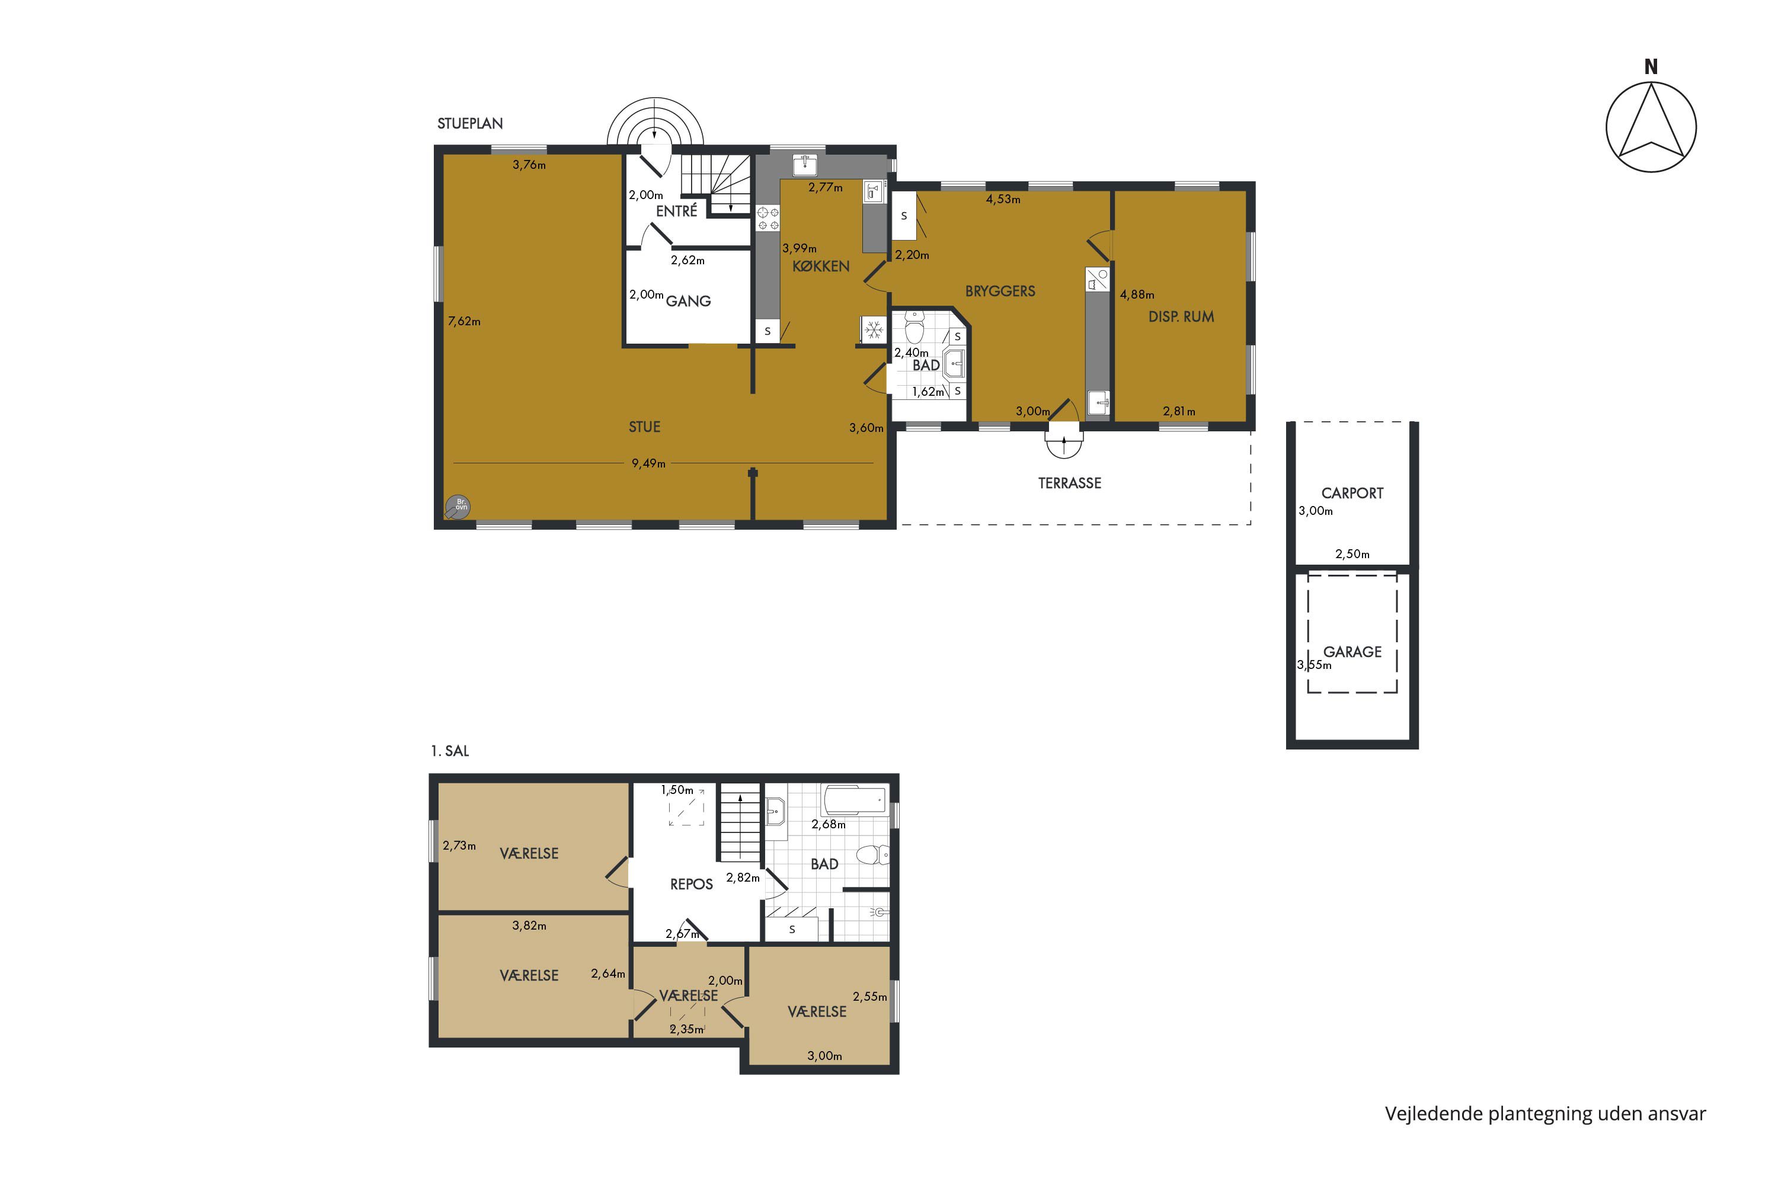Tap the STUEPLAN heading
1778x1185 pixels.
pyautogui.click(x=470, y=123)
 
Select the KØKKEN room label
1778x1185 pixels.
pyautogui.click(x=821, y=266)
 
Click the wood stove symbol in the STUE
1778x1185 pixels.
pyautogui.click(x=458, y=505)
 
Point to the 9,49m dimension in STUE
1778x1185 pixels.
pyautogui.click(x=648, y=463)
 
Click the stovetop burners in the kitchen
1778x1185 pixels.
pyautogui.click(x=768, y=219)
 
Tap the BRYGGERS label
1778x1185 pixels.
pyautogui.click(x=1000, y=291)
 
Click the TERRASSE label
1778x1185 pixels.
pyautogui.click(x=1070, y=483)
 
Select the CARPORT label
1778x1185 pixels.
pyautogui.click(x=1352, y=493)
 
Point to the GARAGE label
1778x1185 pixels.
pyautogui.click(x=1352, y=651)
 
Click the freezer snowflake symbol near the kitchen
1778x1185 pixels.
pyautogui.click(x=874, y=329)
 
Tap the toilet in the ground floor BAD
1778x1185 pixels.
pyautogui.click(x=914, y=326)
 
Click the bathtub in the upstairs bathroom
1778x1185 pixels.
pyautogui.click(x=855, y=799)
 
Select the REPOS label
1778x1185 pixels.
pyautogui.click(x=692, y=884)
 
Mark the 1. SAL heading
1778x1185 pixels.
pyautogui.click(x=450, y=751)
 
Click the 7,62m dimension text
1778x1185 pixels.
pyautogui.click(x=464, y=321)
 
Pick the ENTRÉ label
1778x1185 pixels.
pyautogui.click(x=677, y=211)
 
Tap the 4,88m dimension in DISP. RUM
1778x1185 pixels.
pyautogui.click(x=1137, y=294)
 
